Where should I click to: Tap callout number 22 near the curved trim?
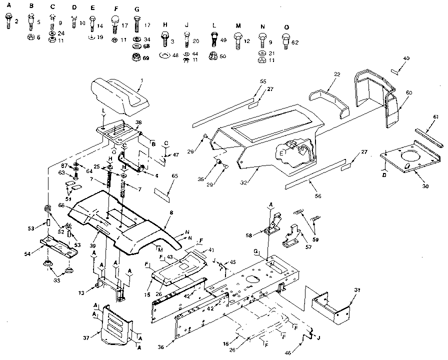pos(337,74)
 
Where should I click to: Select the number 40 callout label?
pos(406,59)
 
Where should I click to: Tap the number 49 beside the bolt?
pos(223,39)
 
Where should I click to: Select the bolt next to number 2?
pos(9,21)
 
